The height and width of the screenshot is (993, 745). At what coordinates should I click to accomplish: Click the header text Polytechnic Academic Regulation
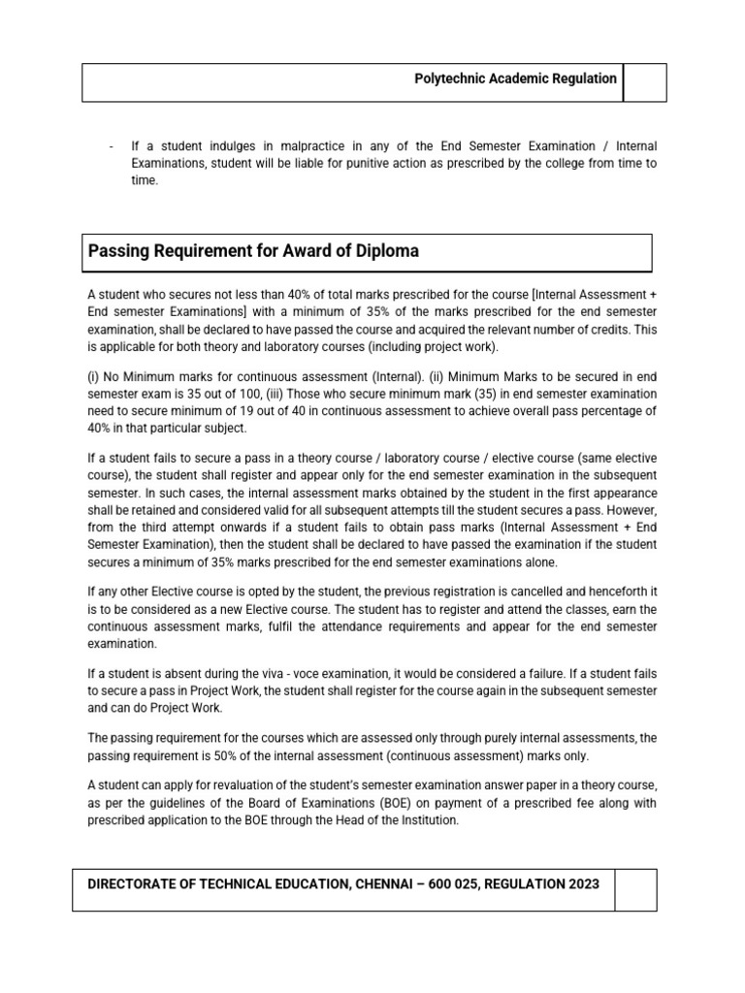[x=515, y=79]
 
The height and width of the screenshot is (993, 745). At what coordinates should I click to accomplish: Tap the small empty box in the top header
[x=644, y=82]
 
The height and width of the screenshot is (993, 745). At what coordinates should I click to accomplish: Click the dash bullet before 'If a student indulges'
[x=113, y=146]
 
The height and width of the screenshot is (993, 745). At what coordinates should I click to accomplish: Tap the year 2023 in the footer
[x=579, y=883]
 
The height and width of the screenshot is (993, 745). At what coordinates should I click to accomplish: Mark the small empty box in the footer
[x=635, y=889]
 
